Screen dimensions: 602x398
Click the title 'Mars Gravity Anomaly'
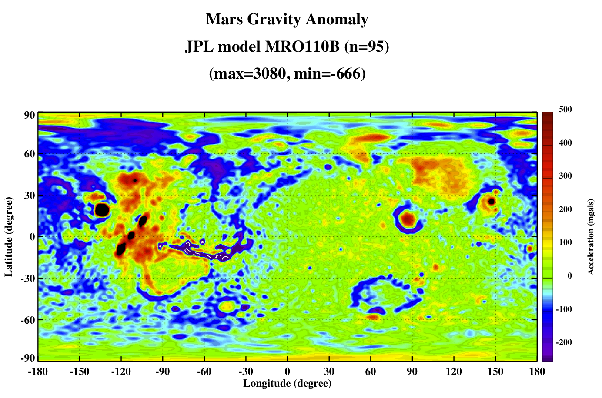(287, 20)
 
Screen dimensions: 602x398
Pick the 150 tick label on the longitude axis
(495, 371)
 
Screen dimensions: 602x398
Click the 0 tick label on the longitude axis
(287, 371)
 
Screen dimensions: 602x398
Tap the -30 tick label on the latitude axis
(28, 279)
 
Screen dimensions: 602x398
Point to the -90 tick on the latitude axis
(28, 358)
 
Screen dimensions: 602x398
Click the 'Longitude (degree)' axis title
(287, 384)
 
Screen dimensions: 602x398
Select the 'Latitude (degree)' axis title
(9, 237)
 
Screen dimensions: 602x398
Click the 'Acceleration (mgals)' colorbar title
(590, 237)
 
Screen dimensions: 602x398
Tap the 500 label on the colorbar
(565, 109)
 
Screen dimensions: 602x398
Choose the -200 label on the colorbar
(564, 342)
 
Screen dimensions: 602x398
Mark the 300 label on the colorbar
(565, 176)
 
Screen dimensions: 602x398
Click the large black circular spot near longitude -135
(102, 210)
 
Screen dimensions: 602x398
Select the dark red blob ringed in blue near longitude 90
(408, 219)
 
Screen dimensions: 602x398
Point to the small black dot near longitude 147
(491, 201)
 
